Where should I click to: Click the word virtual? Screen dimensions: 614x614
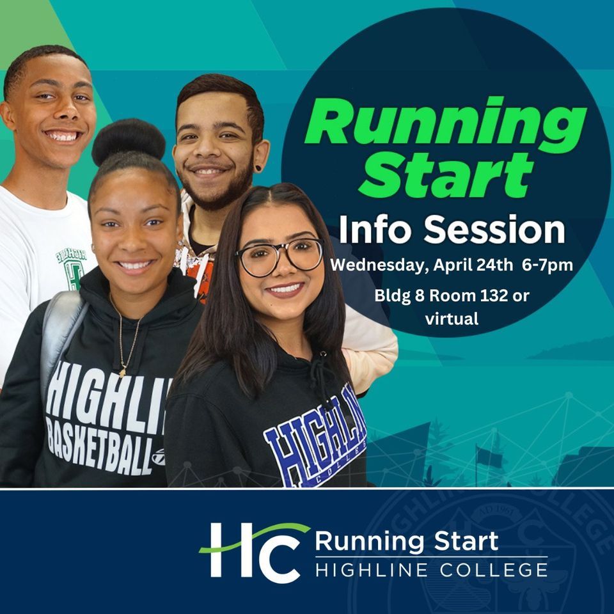[452, 319]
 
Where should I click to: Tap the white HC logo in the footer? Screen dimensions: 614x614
[253, 552]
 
